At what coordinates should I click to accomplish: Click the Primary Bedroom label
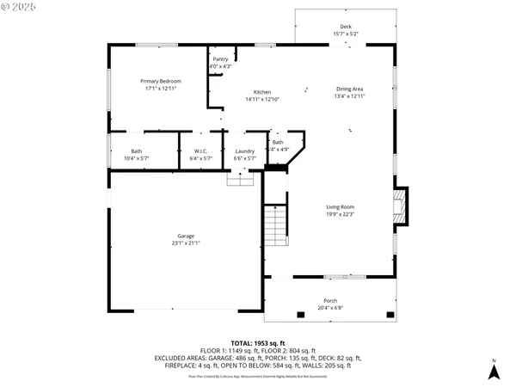pos(161,81)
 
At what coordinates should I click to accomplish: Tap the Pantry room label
pos(220,59)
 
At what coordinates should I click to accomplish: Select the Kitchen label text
pos(261,92)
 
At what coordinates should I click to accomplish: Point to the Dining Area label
pos(349,89)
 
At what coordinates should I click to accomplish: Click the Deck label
pos(346,27)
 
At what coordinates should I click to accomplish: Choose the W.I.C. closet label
pos(199,151)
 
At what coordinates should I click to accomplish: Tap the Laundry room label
pos(244,151)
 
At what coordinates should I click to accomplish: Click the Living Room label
pos(340,207)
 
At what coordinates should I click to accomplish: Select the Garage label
pos(186,236)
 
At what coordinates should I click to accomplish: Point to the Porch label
pos(331,301)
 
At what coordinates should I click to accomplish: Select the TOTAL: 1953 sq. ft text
pos(257,342)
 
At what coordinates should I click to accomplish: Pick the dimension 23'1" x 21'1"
pos(186,243)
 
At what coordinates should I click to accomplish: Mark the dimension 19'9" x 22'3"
pos(340,214)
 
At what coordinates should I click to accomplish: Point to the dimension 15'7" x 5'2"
pos(346,34)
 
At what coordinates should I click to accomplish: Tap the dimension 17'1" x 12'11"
pos(161,88)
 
